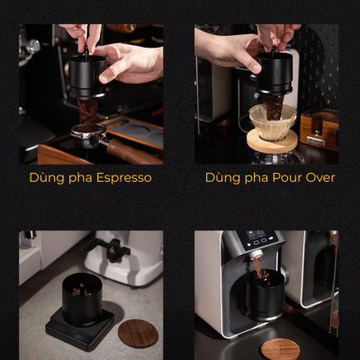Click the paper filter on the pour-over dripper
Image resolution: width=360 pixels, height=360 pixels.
[271, 121]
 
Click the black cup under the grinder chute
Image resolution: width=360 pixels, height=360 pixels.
[265, 293]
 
